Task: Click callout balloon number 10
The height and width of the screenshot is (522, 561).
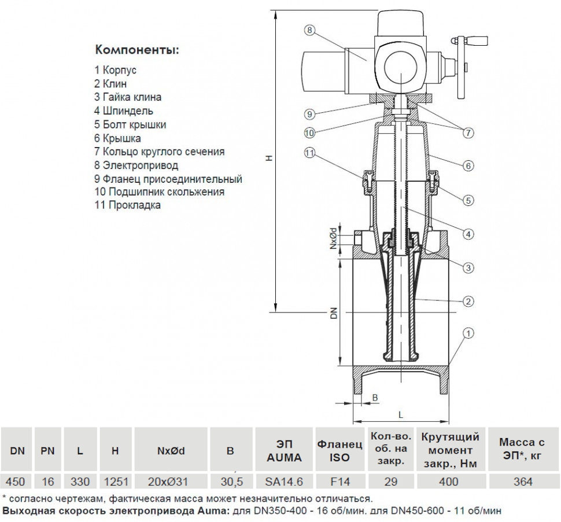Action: [x=310, y=133]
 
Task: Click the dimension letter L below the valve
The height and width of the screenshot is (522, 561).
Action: [x=401, y=414]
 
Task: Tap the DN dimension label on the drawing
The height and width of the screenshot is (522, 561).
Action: [x=334, y=313]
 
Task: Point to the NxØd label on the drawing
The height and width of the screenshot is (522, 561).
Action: [x=334, y=238]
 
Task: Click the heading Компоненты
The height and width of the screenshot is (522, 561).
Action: [x=137, y=49]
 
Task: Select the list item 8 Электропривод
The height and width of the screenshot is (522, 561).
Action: [x=136, y=166]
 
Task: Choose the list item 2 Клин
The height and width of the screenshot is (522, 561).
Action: [x=110, y=83]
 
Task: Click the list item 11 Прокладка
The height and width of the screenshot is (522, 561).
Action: [x=128, y=205]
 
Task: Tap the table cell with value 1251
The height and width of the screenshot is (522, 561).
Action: [x=115, y=481]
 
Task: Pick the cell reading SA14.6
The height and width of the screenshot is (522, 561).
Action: [x=283, y=481]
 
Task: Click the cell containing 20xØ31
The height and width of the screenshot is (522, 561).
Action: [x=170, y=481]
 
